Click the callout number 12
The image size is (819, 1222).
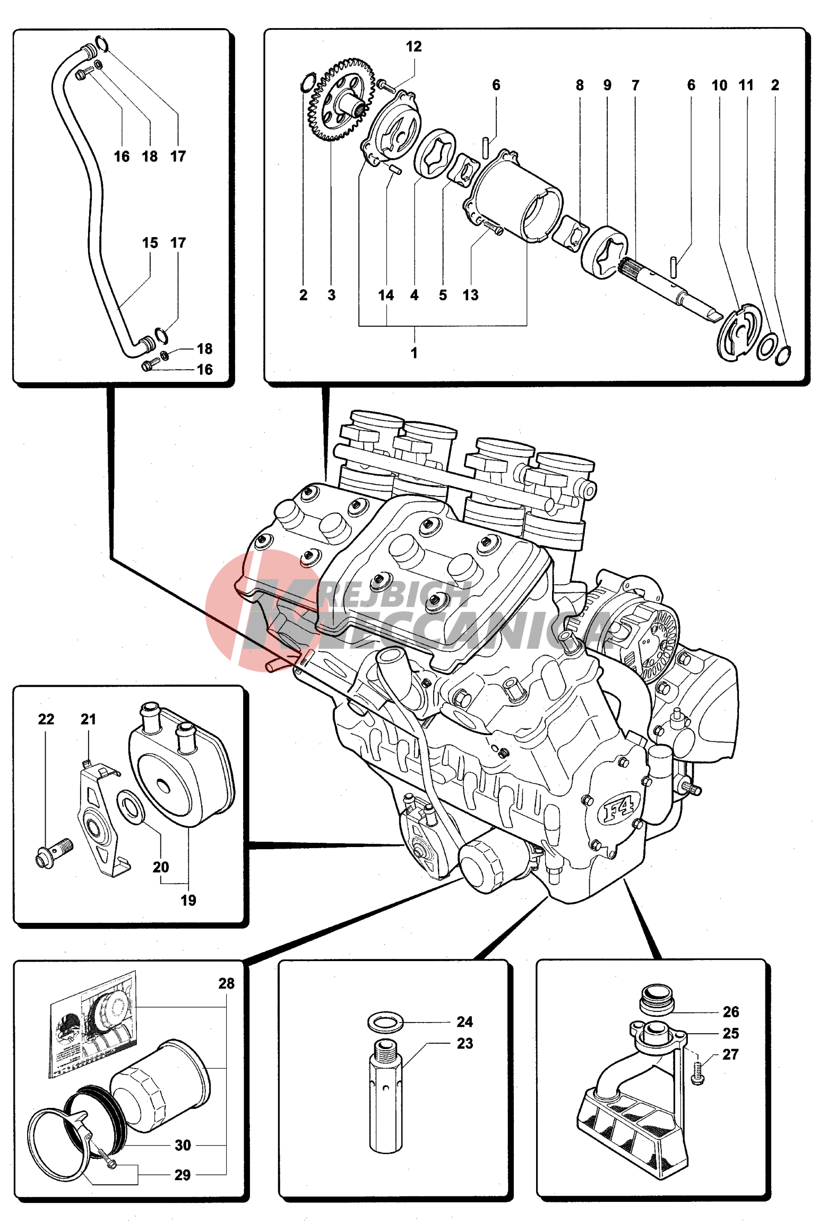click(x=413, y=47)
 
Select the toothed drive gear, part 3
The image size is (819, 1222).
click(x=340, y=100)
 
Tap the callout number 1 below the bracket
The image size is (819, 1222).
click(x=414, y=353)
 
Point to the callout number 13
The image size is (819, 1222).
click(x=470, y=295)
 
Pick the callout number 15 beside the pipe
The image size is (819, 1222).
click(x=150, y=243)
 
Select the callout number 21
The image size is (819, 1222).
click(x=88, y=719)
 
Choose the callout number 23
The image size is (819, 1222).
click(x=465, y=1043)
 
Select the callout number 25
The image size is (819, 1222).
click(x=730, y=1033)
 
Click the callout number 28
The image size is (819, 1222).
click(x=226, y=983)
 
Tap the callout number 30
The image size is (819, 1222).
click(x=183, y=1145)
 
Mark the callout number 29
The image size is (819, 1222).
click(x=183, y=1175)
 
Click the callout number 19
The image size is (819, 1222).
click(x=188, y=900)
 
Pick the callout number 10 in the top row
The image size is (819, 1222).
click(x=719, y=85)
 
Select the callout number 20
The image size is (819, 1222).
click(x=160, y=867)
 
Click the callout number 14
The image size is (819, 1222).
click(x=386, y=295)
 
